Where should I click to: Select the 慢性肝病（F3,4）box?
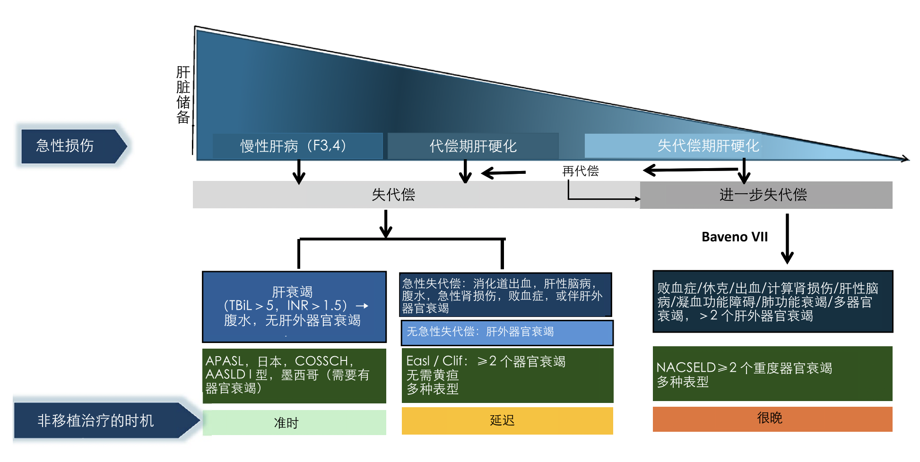point(297,146)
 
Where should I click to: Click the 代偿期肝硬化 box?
point(473,146)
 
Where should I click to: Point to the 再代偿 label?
point(580,171)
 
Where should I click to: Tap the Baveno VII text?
point(734,237)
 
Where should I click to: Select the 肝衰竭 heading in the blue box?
point(292,291)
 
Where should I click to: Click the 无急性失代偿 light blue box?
point(507,332)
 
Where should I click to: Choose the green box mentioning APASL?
point(294,375)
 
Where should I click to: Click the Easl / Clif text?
point(435,361)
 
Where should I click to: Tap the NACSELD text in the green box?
point(686,368)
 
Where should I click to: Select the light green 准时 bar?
point(294,422)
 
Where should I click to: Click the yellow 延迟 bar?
point(507,420)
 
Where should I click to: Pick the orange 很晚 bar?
point(772,419)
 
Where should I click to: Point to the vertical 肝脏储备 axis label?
point(183,94)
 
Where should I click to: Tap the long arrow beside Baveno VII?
point(787,239)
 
